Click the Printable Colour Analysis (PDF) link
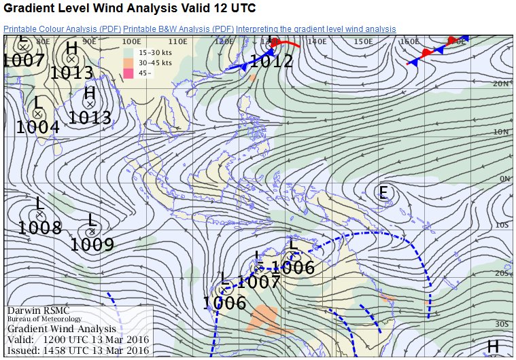point(63,29)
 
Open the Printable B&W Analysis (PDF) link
point(179,29)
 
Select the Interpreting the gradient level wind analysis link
point(315,29)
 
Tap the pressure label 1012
point(271,62)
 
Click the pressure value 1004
point(37,126)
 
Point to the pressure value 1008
point(39,228)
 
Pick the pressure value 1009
point(92,244)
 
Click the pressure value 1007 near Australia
point(258,281)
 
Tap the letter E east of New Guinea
point(383,194)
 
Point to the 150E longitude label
point(364,42)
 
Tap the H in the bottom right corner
point(494,346)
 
